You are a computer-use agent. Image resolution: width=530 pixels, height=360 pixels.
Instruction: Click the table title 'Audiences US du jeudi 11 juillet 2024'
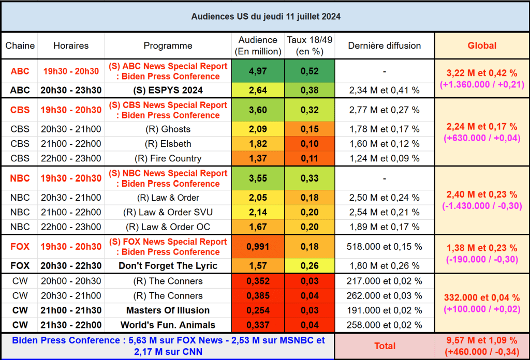click(266, 17)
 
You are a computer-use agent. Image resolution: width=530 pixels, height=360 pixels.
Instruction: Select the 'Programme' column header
click(168, 46)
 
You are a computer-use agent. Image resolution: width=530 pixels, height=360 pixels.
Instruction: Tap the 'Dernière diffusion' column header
click(384, 46)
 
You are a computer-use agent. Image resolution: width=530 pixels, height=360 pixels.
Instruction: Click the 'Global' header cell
click(482, 46)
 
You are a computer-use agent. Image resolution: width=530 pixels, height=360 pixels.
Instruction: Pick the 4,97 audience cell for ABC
click(258, 71)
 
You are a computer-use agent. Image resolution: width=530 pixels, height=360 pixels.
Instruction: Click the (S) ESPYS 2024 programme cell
click(168, 90)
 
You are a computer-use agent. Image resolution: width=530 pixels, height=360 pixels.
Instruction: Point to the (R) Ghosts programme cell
click(168, 129)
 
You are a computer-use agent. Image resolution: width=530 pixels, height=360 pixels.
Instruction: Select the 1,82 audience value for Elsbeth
click(258, 144)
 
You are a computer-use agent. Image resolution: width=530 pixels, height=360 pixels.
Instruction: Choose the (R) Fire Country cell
click(168, 158)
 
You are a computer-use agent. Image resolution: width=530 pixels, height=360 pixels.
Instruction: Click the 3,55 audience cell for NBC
click(258, 178)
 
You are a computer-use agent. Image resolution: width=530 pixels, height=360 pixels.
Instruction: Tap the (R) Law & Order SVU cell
click(168, 212)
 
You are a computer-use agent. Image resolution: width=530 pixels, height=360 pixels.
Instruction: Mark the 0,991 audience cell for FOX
click(258, 247)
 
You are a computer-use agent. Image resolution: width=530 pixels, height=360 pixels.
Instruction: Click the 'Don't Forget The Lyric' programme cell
click(168, 266)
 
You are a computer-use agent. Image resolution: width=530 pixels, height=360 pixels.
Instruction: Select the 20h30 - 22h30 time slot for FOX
click(71, 266)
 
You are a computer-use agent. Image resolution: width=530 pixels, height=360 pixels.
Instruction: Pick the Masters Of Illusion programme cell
click(168, 310)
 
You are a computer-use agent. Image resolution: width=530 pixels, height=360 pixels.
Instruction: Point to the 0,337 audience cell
click(258, 325)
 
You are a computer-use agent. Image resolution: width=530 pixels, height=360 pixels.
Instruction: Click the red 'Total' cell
click(385, 346)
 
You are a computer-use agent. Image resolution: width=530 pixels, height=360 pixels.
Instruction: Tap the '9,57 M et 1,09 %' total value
click(482, 341)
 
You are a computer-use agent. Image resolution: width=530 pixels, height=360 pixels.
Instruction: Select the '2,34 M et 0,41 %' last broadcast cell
click(384, 91)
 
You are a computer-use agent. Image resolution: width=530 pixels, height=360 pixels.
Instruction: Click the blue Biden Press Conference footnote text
click(168, 346)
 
